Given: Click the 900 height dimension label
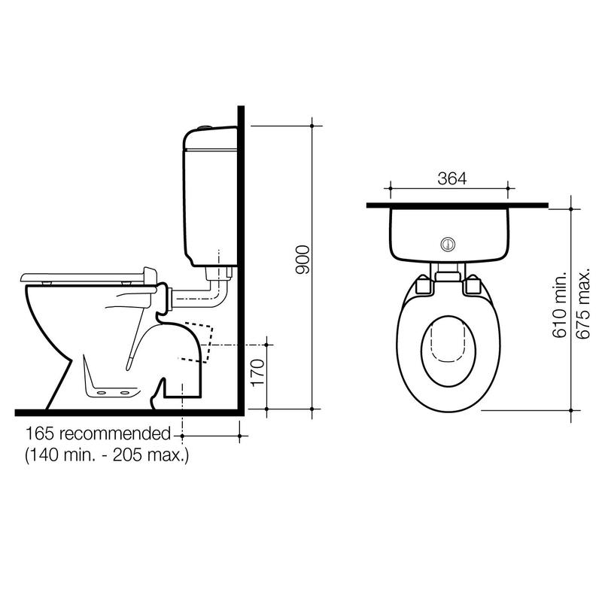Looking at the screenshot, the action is click(x=303, y=260).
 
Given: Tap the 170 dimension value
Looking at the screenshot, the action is click(x=257, y=372).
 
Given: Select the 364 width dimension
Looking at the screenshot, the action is click(x=452, y=178).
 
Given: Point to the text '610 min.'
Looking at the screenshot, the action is click(x=559, y=305).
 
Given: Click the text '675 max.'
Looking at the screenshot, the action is click(x=582, y=304).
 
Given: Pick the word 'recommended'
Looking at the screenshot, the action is click(x=115, y=434).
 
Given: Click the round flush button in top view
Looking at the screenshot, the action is click(x=448, y=244).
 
